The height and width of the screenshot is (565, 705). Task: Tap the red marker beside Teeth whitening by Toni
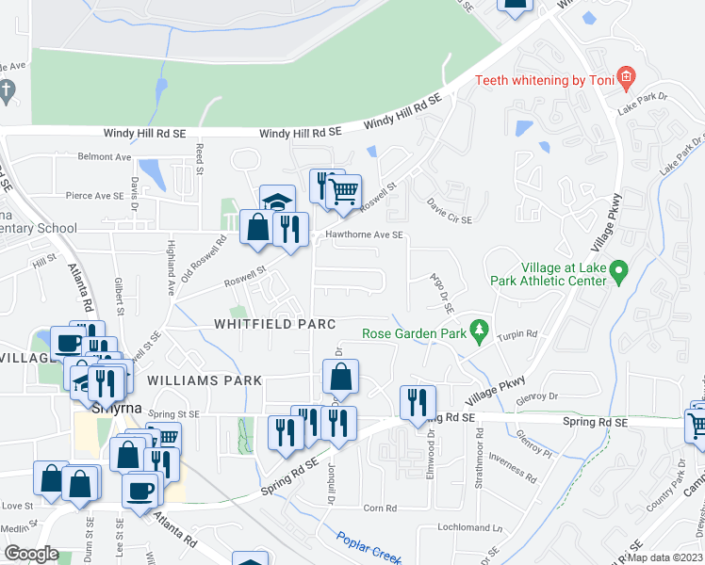coord(624,77)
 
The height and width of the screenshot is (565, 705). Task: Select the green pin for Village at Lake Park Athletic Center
coord(619,273)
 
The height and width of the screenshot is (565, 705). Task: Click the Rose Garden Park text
coord(416,332)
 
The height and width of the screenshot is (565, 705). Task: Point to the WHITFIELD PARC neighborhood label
coord(274,324)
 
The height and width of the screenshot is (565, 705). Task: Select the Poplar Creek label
coord(367,545)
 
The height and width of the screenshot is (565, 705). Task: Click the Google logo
coord(31,554)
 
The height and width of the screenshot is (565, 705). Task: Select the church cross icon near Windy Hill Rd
coord(6,91)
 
